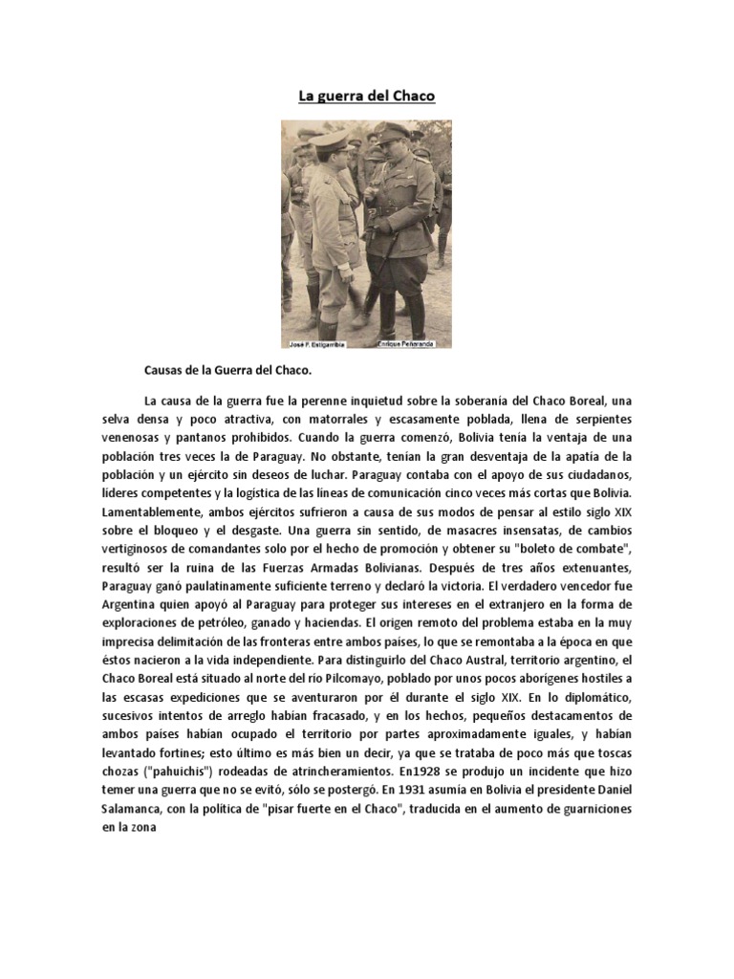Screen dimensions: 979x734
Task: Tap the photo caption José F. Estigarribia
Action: coord(312,342)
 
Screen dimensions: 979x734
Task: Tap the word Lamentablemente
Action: coord(158,512)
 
